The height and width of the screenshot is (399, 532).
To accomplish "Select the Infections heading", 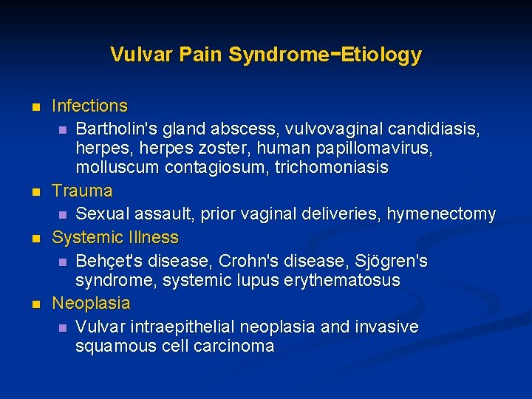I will coord(89,106).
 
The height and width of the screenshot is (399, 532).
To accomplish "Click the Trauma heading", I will coord(82,191).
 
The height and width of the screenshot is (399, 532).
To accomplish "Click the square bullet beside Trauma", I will coord(34,191).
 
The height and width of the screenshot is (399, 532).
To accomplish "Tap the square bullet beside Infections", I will coord(34,107).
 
